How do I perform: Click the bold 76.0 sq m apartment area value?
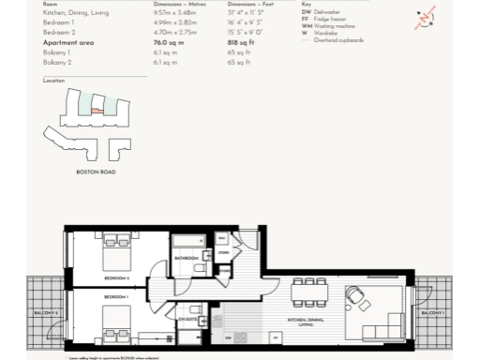coord(168,41)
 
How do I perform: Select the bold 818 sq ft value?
coord(241,41)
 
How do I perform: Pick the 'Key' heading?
coord(307,5)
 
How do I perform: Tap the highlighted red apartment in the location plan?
coord(96,111)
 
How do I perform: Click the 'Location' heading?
coord(53,82)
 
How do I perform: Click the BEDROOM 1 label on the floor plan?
coord(116,297)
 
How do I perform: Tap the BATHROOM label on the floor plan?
coord(187,258)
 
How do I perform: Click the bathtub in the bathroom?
coord(188,242)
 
